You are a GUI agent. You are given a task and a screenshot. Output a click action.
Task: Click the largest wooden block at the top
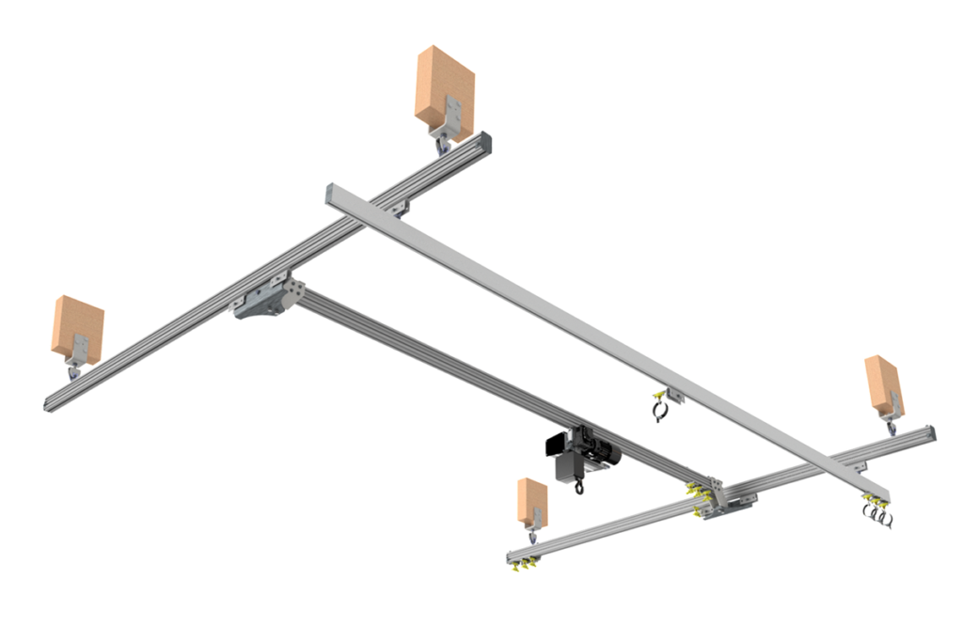click(445, 86)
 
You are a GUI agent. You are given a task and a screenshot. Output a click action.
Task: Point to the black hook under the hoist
click(577, 486)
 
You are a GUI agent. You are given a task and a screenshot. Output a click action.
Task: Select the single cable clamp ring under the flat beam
click(661, 410)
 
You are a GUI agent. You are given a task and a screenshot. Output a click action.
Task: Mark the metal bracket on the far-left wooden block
click(82, 347)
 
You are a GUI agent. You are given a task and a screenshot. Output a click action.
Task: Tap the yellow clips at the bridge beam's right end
click(698, 492)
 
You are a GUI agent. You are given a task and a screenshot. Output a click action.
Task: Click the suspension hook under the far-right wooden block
click(891, 428)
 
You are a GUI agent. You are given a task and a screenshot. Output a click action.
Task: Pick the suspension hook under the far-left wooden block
click(72, 374)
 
